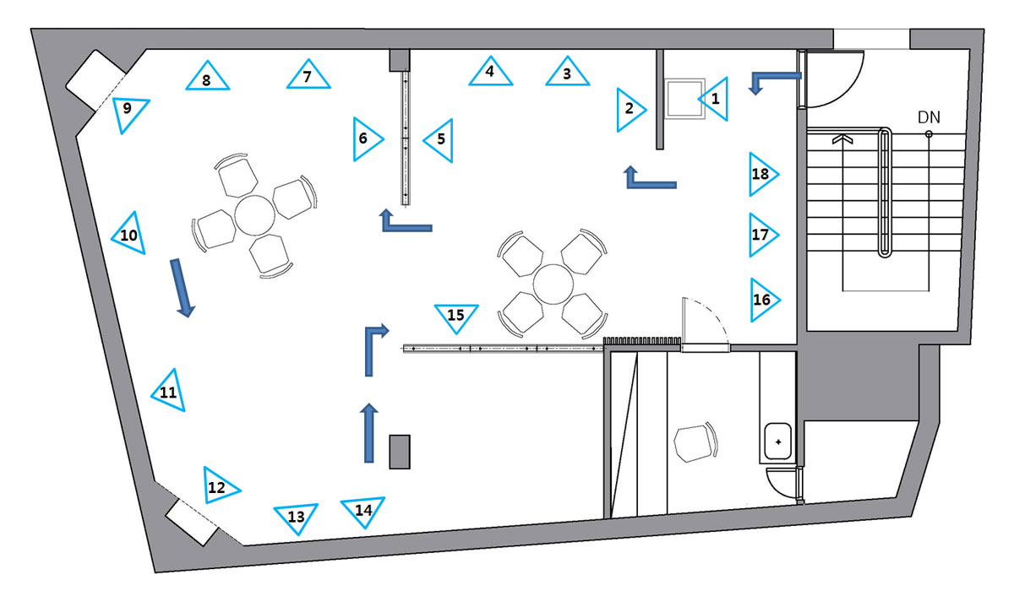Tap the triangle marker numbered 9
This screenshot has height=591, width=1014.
(128, 112)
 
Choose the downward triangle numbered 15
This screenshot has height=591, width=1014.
(456, 316)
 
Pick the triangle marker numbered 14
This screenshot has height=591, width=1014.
(363, 510)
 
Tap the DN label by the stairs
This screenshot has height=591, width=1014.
(929, 117)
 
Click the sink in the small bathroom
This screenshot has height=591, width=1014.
(777, 442)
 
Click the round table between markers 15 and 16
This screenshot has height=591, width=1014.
(553, 284)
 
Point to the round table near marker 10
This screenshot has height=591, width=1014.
(255, 215)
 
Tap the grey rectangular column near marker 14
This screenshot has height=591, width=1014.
(400, 452)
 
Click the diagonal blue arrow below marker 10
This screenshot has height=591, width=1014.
(182, 288)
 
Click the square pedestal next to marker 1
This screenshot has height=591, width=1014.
(685, 99)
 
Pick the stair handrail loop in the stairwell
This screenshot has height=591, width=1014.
(885, 192)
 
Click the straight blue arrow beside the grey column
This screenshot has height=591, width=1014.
(369, 433)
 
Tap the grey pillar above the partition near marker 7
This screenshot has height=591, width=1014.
(399, 60)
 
